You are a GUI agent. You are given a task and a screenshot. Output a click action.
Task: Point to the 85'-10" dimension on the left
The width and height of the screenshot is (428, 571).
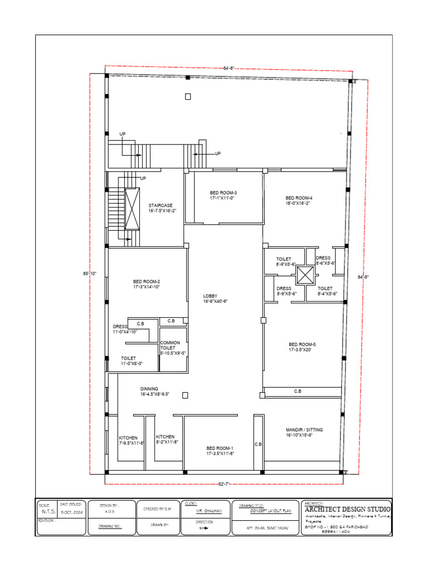pos(90,273)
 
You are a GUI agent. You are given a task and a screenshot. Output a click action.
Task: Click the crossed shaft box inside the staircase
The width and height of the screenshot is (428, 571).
pos(133,209)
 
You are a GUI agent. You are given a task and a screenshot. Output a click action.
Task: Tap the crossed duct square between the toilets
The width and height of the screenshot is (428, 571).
pos(306,275)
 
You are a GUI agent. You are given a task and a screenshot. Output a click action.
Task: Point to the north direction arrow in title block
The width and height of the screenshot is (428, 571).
pos(205,528)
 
